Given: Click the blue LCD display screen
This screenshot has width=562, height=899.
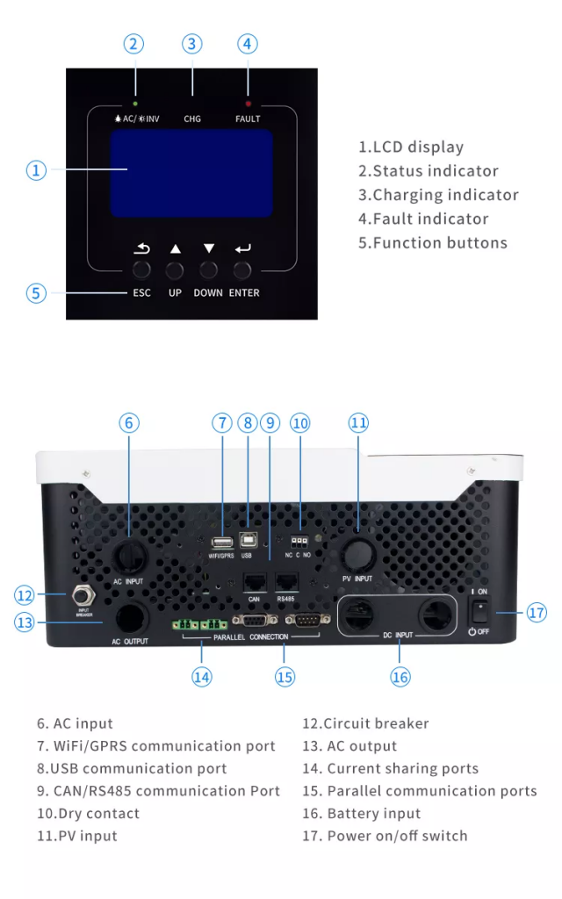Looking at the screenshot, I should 191,174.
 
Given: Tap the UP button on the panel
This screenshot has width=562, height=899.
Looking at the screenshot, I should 175,270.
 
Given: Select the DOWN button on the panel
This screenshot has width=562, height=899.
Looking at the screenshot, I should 208,270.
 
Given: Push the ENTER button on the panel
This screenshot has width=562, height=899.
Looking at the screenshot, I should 243,270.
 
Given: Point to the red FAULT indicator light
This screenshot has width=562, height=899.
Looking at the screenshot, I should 248,104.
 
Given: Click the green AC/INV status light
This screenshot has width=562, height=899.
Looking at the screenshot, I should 135,104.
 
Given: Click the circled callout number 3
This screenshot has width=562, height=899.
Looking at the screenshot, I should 192,44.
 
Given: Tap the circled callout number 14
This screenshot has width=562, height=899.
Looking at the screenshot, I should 202,677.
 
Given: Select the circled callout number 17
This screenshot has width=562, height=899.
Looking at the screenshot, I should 537,612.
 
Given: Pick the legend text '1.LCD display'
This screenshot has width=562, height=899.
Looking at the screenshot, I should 410,147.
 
